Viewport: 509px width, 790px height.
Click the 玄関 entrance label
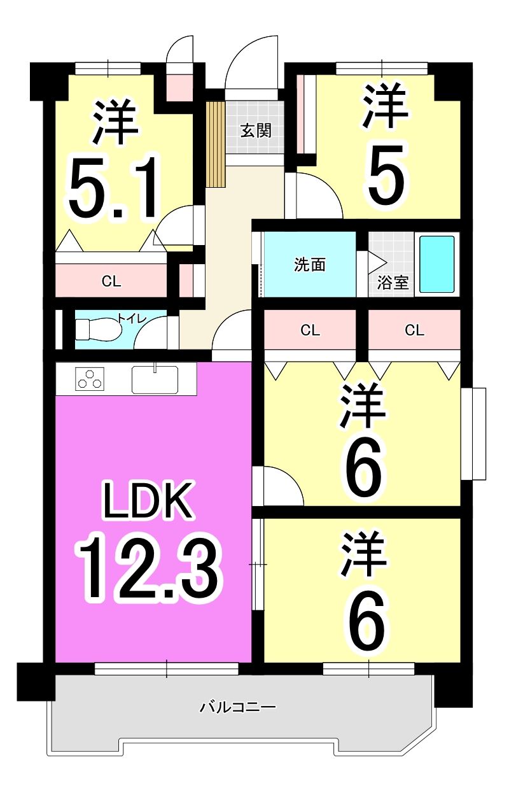click(x=256, y=131)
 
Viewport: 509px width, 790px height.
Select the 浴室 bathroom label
click(x=393, y=283)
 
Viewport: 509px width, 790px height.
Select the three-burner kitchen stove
click(x=90, y=379)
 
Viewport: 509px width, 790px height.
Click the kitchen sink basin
click(x=155, y=379)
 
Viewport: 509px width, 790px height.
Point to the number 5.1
click(x=112, y=187)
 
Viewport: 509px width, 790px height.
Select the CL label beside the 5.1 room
click(x=111, y=281)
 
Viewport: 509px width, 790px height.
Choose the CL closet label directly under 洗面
click(x=310, y=330)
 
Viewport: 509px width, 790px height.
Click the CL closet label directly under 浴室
click(x=414, y=330)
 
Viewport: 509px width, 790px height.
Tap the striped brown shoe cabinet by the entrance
click(x=216, y=144)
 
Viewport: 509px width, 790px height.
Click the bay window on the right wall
click(x=473, y=434)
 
